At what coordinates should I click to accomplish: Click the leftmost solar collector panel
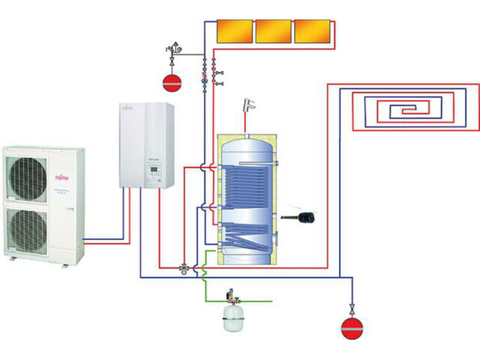[x=235, y=30]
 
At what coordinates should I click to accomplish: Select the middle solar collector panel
[x=273, y=30]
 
